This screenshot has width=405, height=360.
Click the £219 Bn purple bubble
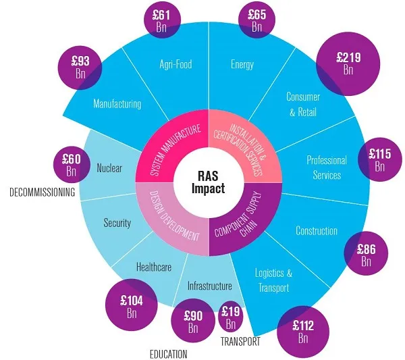pyautogui.click(x=348, y=62)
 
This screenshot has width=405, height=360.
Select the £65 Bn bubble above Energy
pyautogui.click(x=257, y=19)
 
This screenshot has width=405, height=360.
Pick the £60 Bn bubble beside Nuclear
pyautogui.click(x=71, y=165)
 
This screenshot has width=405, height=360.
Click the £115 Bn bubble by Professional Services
pyautogui.click(x=379, y=159)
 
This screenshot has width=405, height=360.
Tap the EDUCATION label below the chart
pyautogui.click(x=169, y=353)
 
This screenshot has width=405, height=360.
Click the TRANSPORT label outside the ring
pyautogui.click(x=240, y=342)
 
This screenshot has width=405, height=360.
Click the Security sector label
pyautogui.click(x=117, y=222)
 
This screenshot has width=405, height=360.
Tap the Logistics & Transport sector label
pyautogui.click(x=273, y=280)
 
